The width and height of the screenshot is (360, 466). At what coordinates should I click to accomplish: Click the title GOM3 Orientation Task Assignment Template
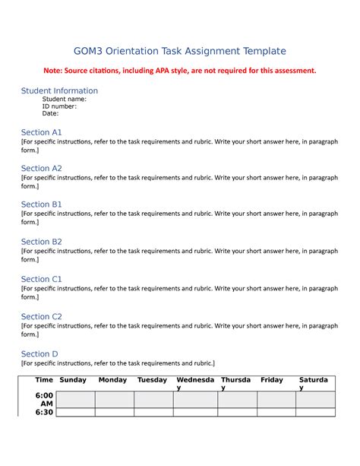coord(179,51)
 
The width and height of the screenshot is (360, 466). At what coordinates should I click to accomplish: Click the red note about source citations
coord(179,71)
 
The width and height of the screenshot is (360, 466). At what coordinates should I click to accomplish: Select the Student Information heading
coord(59,90)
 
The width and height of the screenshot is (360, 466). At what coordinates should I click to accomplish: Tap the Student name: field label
coord(64,99)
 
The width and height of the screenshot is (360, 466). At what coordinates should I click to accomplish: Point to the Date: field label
coord(50,114)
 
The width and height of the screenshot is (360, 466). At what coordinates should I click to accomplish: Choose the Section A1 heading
coord(42,132)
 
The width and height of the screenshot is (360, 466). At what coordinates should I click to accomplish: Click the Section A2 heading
coord(42,168)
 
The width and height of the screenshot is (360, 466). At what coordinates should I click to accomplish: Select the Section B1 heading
coord(42,204)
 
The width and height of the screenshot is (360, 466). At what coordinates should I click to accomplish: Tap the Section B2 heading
coord(42,241)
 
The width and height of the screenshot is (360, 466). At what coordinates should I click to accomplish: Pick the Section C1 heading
coord(42,279)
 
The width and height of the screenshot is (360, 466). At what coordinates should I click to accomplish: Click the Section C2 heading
coord(42,316)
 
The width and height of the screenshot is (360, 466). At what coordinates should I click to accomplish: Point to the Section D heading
coord(39,353)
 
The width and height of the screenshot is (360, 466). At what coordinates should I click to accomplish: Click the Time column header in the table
coord(44,379)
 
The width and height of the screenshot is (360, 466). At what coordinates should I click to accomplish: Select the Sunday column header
coord(73,379)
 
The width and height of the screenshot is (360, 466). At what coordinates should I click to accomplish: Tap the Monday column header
coord(113,379)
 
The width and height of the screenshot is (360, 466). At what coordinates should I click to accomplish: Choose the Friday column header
coord(272,379)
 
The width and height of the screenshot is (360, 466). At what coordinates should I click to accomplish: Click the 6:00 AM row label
coord(44,400)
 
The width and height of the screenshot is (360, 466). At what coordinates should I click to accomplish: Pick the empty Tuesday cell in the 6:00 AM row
coord(154,400)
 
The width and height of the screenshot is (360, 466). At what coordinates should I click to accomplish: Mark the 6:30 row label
coord(44,413)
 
